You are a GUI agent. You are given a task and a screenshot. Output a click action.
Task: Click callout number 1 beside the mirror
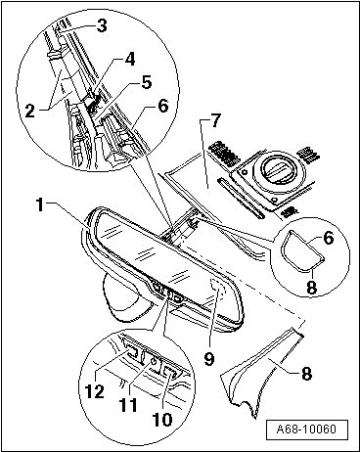point(40,205)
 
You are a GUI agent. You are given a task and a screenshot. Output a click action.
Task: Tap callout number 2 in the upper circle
point(30,111)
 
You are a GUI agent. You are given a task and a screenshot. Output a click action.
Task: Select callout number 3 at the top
point(102,25)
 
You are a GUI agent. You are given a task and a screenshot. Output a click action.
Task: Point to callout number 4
point(130,59)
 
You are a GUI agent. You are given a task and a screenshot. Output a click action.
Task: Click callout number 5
point(147,82)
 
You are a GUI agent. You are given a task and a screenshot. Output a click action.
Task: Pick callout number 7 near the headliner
point(215,121)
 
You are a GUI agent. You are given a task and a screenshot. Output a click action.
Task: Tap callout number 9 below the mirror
point(208,358)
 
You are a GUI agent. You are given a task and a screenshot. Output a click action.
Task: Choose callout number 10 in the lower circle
point(162,419)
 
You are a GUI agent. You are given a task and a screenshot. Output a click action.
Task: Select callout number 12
point(95,391)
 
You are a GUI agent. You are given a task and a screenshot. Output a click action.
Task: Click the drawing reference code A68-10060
point(307,429)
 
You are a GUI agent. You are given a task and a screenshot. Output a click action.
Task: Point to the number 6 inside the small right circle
point(329,239)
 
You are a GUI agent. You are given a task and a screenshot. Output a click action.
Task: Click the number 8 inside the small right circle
point(311,288)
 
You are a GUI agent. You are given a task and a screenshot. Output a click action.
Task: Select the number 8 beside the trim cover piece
point(306,373)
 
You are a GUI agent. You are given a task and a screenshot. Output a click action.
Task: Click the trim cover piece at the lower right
point(261,372)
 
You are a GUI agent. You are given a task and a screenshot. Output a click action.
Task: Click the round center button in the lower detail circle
point(153,361)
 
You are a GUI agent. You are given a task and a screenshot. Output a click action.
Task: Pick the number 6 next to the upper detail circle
point(162,106)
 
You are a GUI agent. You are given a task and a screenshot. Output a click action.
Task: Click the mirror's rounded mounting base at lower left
point(125,298)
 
